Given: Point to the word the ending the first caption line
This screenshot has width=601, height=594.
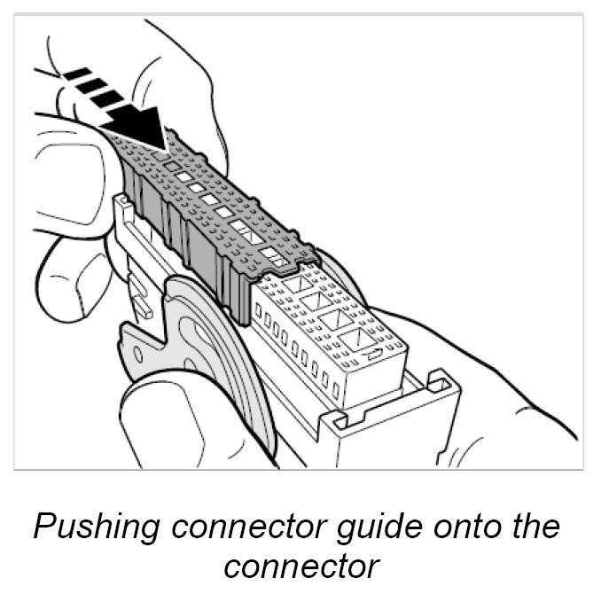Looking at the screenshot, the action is point(535,528).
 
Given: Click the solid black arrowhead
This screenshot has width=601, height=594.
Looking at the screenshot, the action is point(142,124).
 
